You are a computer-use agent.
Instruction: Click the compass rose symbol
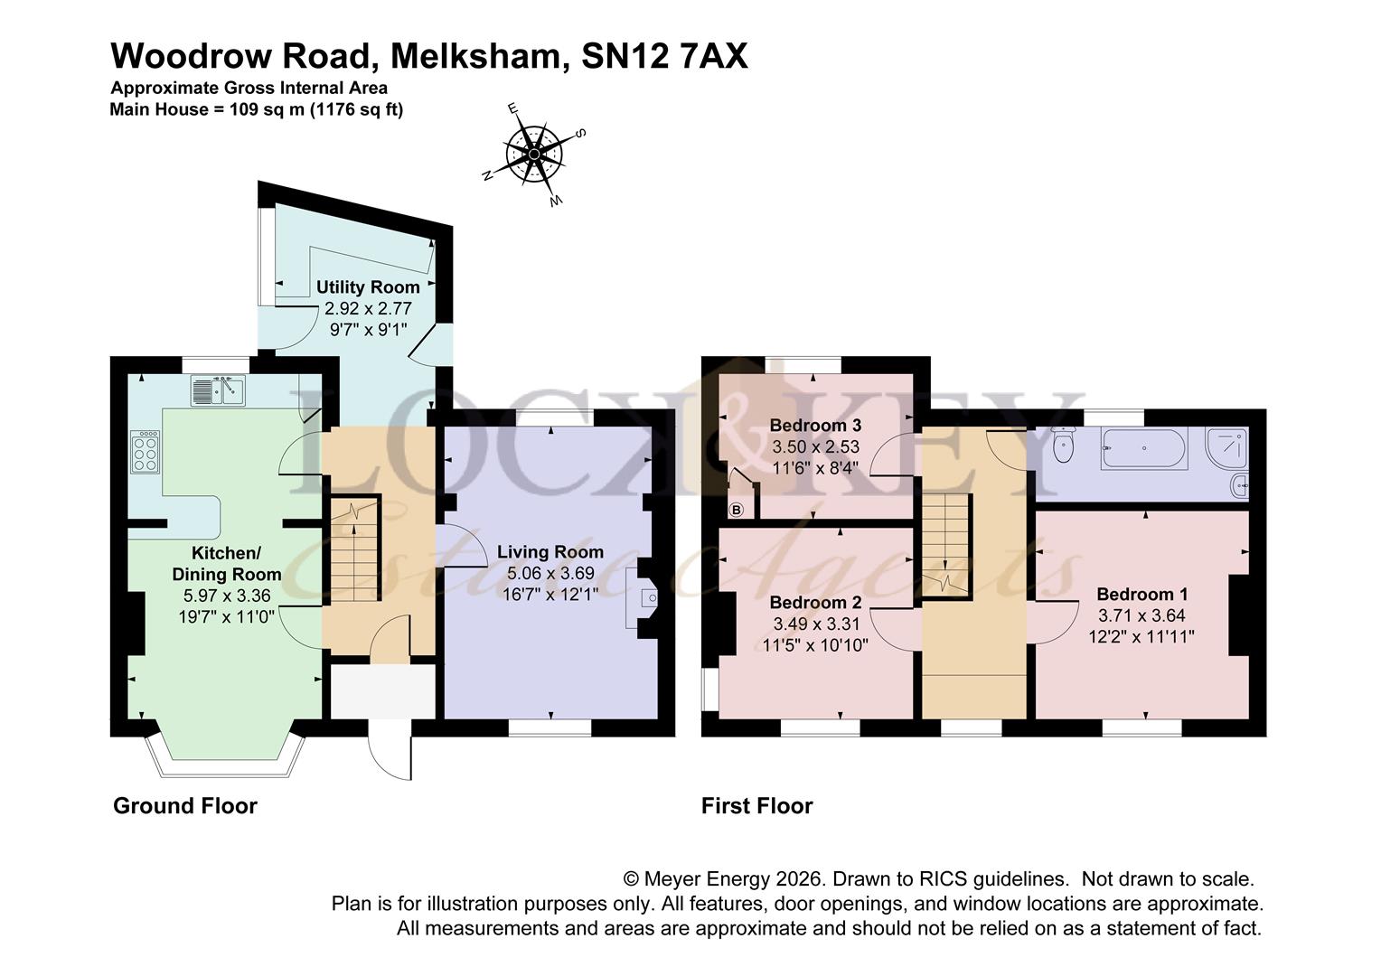tap(535, 155)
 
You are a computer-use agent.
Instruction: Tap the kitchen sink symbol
tap(218, 391)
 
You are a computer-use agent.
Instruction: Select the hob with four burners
tap(145, 452)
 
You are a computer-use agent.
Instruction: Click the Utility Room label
tap(368, 287)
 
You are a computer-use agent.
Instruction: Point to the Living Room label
tap(550, 552)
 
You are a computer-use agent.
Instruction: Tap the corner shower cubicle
tap(1227, 446)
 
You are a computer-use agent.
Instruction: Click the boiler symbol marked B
tap(736, 511)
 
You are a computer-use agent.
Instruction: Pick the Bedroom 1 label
tap(1141, 594)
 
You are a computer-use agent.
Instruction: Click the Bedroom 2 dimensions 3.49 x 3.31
tap(816, 624)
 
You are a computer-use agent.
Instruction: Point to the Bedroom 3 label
tap(815, 426)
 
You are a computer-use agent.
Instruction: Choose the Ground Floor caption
tap(185, 806)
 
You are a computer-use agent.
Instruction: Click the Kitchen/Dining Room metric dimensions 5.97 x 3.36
tap(226, 596)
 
